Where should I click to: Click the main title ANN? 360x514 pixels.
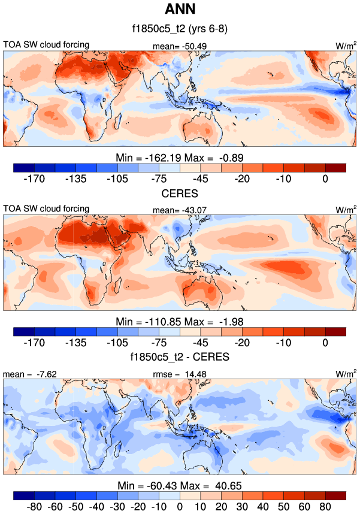click(180, 10)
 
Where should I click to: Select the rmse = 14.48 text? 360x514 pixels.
click(180, 374)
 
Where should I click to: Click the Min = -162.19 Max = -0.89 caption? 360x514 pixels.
click(180, 157)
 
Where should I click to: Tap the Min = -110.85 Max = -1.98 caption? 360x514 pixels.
click(180, 321)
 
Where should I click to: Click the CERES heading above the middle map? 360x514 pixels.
click(180, 193)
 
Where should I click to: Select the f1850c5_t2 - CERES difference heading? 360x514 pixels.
click(180, 358)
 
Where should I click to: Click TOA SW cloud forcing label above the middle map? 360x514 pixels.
click(46, 208)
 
